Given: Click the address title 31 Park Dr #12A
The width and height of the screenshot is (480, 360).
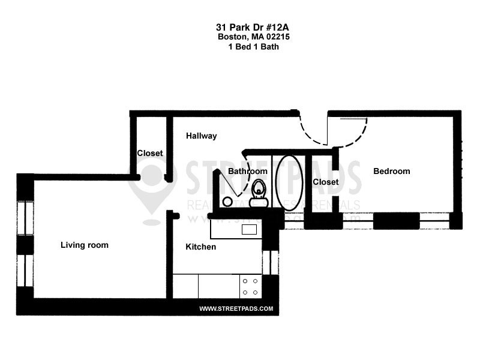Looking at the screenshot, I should pyautogui.click(x=248, y=27).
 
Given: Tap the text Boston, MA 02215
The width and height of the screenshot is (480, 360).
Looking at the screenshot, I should pyautogui.click(x=248, y=37).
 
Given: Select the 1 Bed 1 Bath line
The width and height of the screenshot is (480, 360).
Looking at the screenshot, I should pyautogui.click(x=248, y=46).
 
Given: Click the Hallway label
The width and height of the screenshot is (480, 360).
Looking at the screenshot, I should pyautogui.click(x=201, y=136).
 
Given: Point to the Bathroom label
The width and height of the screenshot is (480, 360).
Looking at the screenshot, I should pyautogui.click(x=247, y=172).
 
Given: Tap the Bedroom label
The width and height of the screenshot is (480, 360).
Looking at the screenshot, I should pyautogui.click(x=391, y=172).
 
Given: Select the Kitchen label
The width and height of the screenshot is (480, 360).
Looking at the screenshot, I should pyautogui.click(x=200, y=247).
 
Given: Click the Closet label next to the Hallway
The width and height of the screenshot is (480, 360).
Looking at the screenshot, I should pyautogui.click(x=150, y=154).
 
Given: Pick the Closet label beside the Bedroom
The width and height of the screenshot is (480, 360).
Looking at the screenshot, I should pyautogui.click(x=326, y=182).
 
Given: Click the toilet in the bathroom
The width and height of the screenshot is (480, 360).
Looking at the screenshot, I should pyautogui.click(x=260, y=191).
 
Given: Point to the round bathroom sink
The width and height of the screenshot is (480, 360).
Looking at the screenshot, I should pyautogui.click(x=227, y=202).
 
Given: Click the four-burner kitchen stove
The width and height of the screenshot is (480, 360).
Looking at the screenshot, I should pyautogui.click(x=250, y=286).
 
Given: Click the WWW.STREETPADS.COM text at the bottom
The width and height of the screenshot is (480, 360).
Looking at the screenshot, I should pyautogui.click(x=236, y=309).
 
